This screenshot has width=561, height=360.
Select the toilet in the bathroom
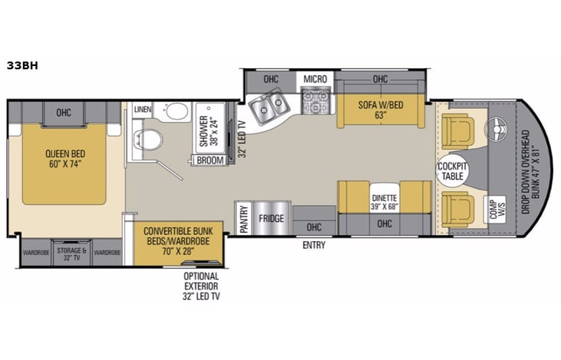150,140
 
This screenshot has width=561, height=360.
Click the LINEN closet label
142,111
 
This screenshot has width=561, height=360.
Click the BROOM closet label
210,160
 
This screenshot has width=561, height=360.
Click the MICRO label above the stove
315,78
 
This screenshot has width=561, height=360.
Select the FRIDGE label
271,219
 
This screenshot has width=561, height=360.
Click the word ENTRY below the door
313,246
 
